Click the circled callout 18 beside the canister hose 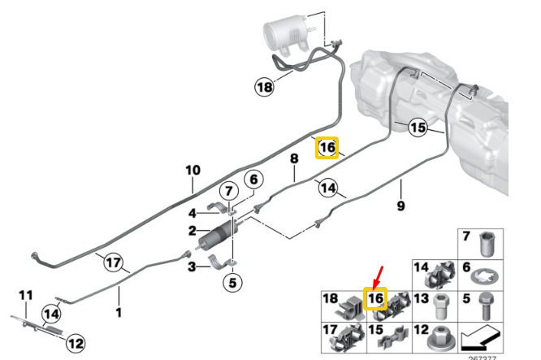264,86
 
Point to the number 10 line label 193,171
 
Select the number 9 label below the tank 400,206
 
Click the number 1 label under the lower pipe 119,311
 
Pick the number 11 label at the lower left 25,293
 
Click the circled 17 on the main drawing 113,262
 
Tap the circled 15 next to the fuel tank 418,128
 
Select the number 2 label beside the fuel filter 193,231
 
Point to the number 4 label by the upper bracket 193,214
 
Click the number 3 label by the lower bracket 193,266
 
